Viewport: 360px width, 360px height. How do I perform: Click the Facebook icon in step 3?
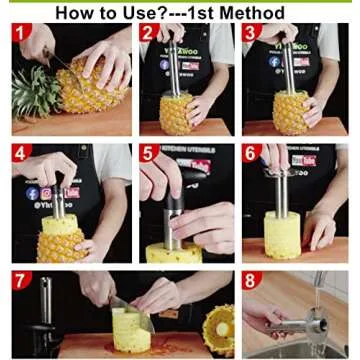click(273, 61)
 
